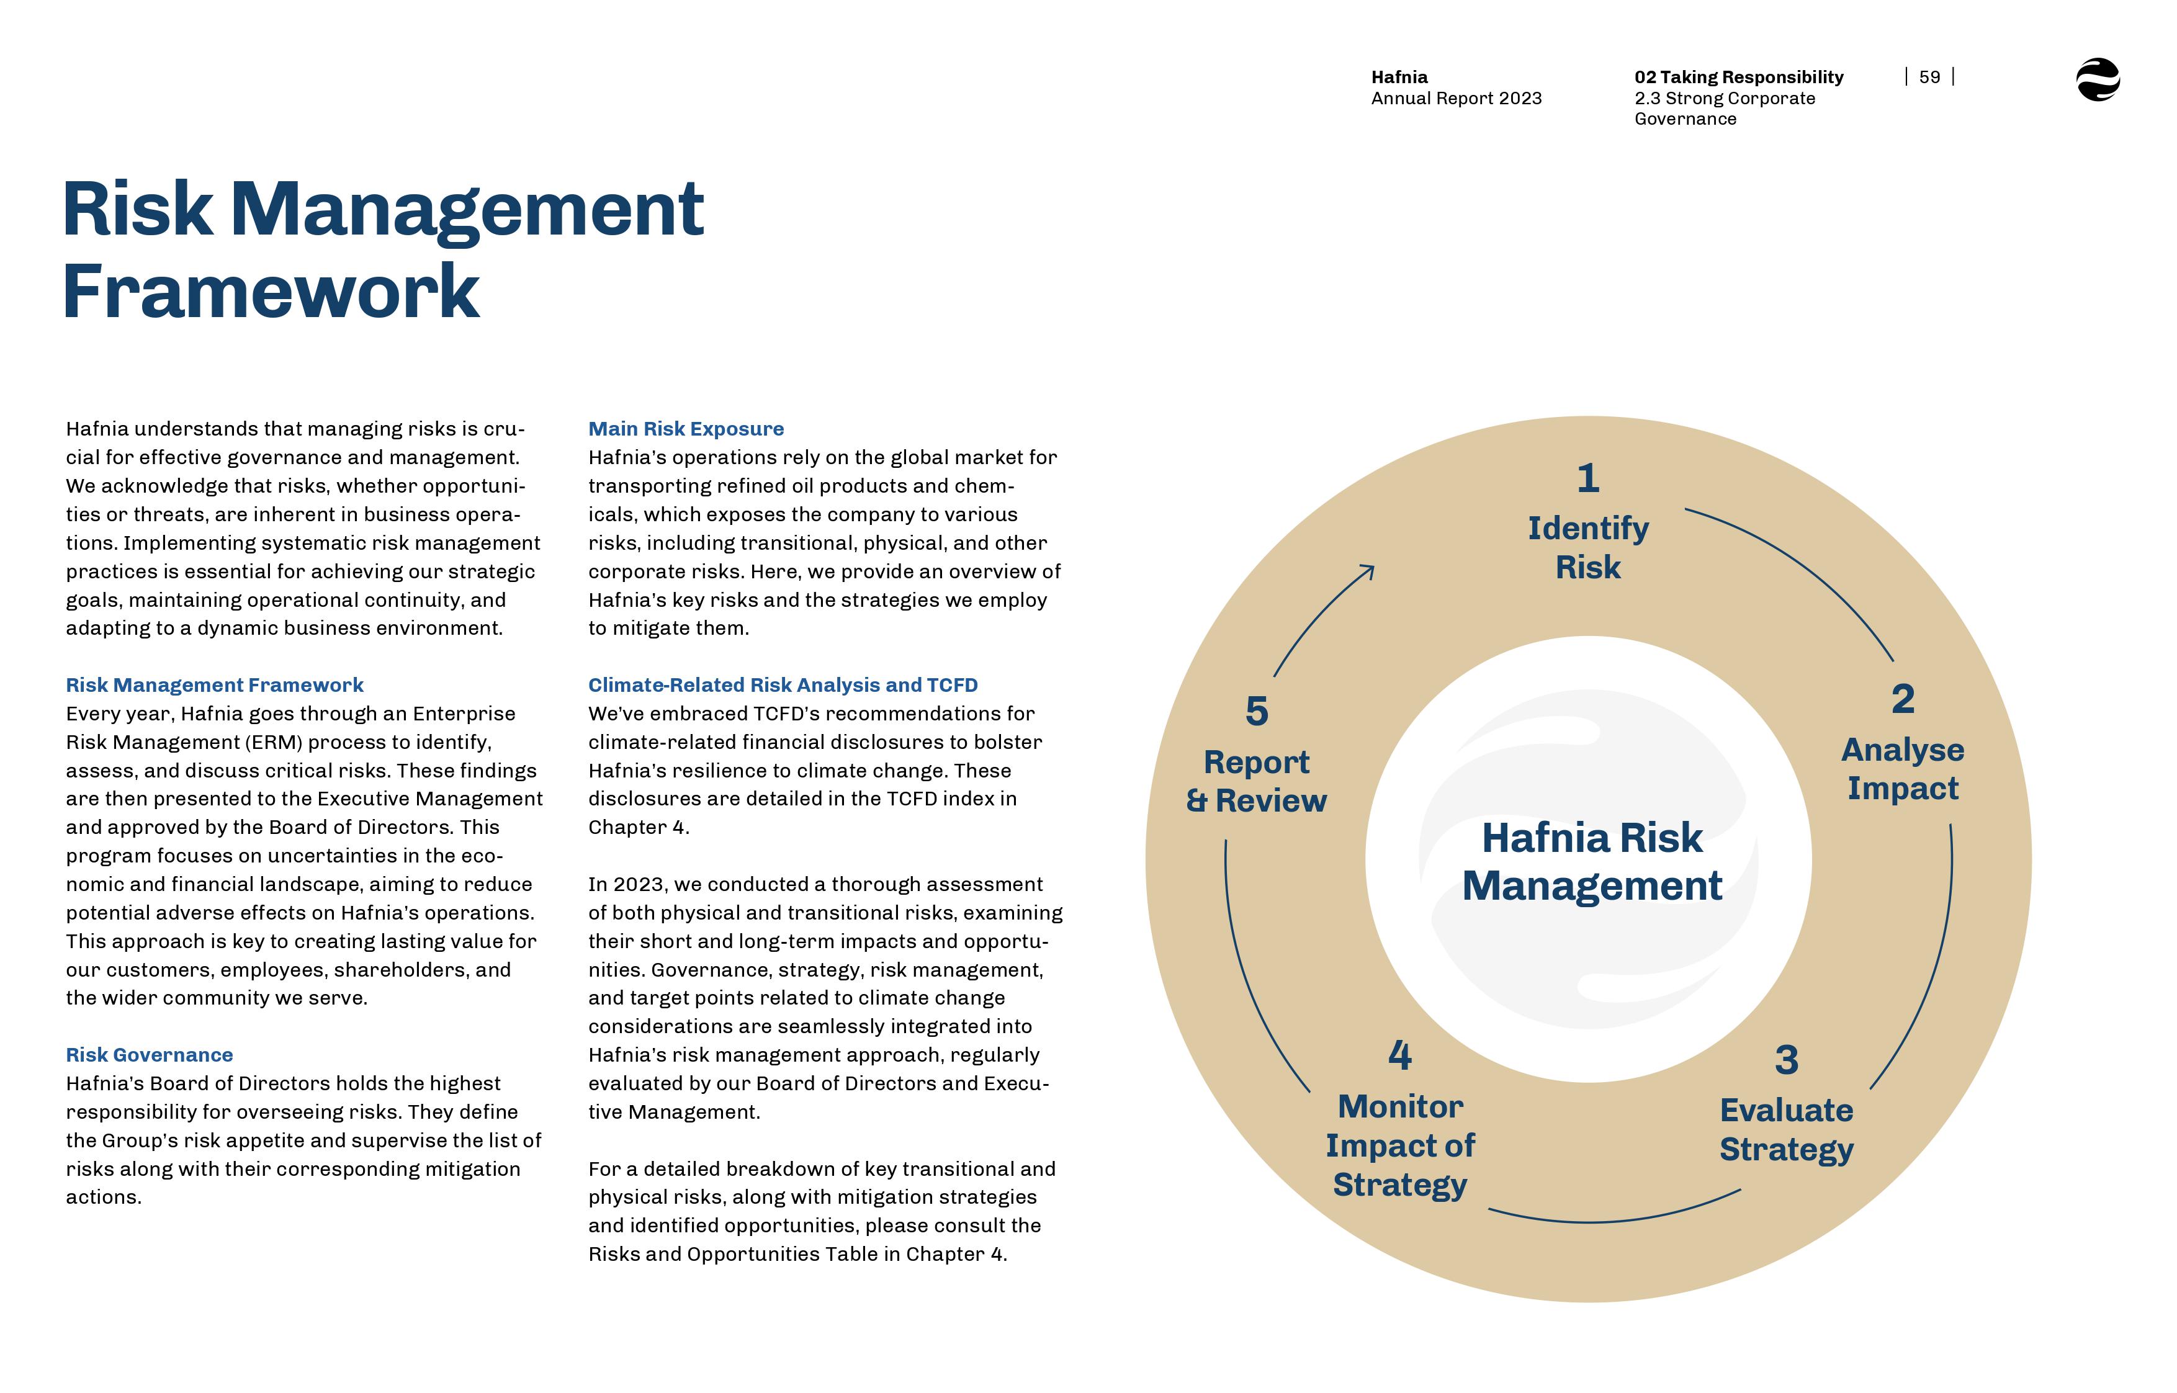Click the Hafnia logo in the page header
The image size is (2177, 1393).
(2098, 79)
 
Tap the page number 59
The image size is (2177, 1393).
(1929, 77)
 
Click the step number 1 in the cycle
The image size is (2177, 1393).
(1588, 478)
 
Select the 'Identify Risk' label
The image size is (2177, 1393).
(1588, 547)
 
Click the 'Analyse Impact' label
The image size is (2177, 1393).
(1903, 769)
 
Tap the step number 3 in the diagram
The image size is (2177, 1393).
(1786, 1060)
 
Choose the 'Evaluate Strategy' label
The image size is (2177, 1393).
(1786, 1130)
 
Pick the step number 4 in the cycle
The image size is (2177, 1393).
(1400, 1055)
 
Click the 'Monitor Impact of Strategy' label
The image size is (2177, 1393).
(1400, 1145)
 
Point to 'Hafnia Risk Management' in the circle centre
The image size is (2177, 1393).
(1592, 861)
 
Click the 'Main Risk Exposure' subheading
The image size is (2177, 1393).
(686, 429)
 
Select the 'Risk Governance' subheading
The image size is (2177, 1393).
(149, 1055)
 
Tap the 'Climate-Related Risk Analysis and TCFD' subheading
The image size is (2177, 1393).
(783, 685)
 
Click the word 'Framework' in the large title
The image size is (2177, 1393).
(271, 291)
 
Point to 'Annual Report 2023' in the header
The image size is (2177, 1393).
(1456, 99)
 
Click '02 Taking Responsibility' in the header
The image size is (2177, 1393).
(1738, 77)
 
